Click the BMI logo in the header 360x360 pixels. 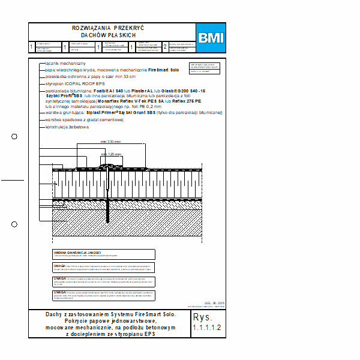pyautogui.click(x=211, y=38)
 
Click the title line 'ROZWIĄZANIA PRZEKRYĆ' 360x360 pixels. pyautogui.click(x=108, y=28)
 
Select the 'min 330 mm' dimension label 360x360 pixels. pyautogui.click(x=110, y=142)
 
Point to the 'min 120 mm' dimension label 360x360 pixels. pyautogui.click(x=111, y=154)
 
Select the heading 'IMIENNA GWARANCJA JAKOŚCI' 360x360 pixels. pyautogui.click(x=77, y=253)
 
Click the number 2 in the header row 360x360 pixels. pyautogui.click(x=165, y=47)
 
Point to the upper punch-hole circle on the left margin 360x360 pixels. pyautogui.click(x=14, y=137)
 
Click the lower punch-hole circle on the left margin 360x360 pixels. pyautogui.click(x=14, y=224)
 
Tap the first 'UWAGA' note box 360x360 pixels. pyautogui.click(x=103, y=268)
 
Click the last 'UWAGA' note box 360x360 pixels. pyautogui.click(x=103, y=295)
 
